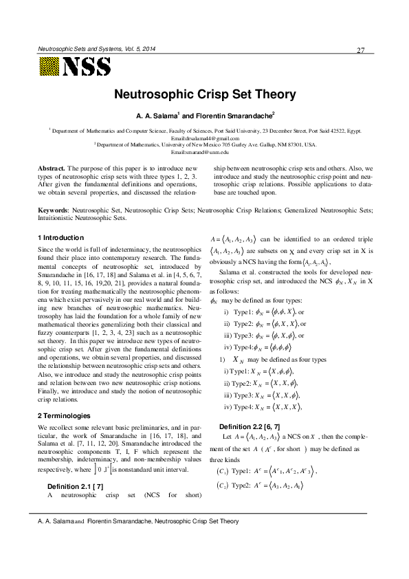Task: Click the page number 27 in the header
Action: click(361, 50)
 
